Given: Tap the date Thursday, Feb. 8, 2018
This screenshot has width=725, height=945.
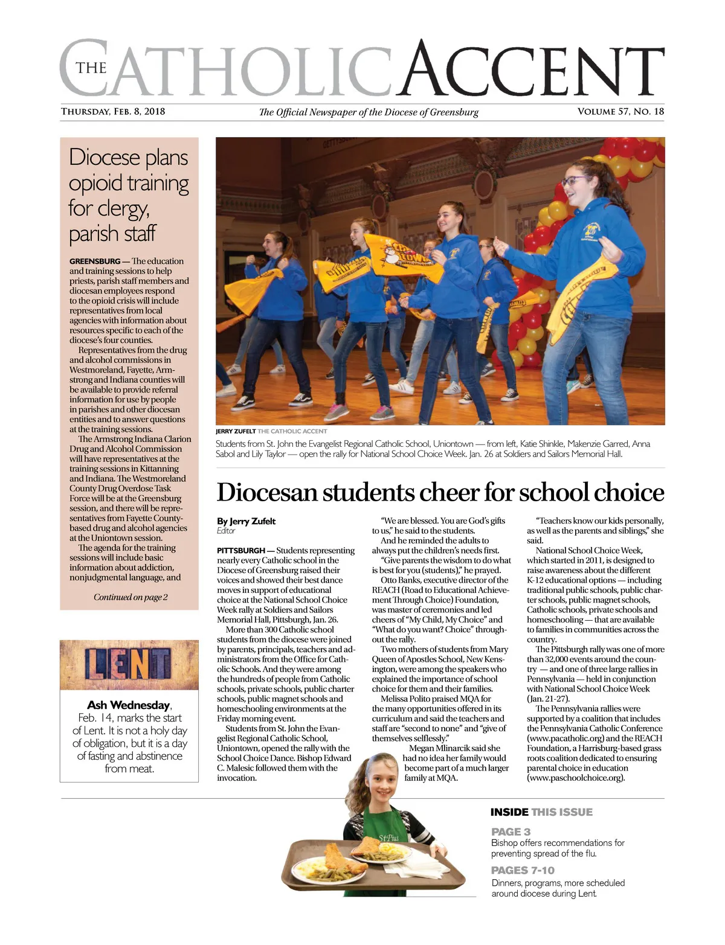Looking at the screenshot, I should [x=113, y=112].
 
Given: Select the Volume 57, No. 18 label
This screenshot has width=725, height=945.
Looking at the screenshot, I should [x=620, y=112].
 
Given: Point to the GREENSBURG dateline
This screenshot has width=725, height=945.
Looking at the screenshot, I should [x=95, y=261].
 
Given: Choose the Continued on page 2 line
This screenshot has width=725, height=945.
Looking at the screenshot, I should [x=130, y=597].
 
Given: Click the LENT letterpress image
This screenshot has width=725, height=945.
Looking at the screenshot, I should [x=129, y=665].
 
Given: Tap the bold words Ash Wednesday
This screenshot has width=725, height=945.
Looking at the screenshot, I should [x=129, y=705].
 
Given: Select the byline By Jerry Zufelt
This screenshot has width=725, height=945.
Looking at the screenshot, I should [x=246, y=521].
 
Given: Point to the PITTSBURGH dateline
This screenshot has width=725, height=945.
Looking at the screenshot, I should [x=241, y=551].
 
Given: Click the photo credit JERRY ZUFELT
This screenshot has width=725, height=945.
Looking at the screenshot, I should [x=236, y=432].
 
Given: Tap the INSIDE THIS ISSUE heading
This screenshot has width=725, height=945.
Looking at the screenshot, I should [x=541, y=812].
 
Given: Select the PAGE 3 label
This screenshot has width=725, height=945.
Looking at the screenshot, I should [x=511, y=831].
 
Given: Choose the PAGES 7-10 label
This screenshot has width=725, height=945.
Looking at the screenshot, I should [x=523, y=870].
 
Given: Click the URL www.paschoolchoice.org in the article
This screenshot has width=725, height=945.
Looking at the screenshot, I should [x=576, y=778].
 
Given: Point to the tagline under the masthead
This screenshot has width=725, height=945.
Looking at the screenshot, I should [x=369, y=112].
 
